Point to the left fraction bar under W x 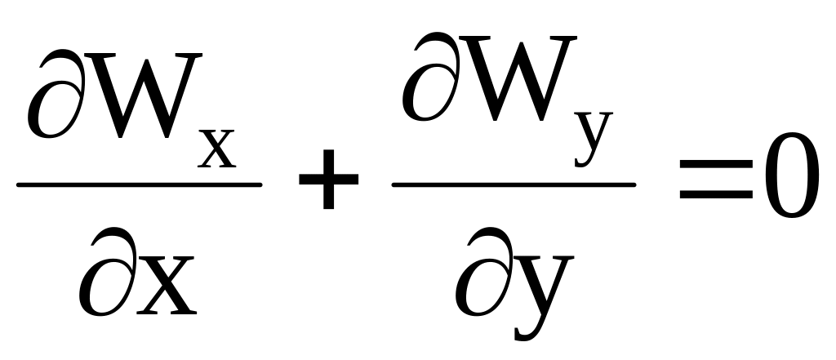click(x=139, y=184)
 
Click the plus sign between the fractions click(x=328, y=185)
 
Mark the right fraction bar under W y click(x=514, y=184)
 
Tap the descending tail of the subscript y click(x=585, y=158)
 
